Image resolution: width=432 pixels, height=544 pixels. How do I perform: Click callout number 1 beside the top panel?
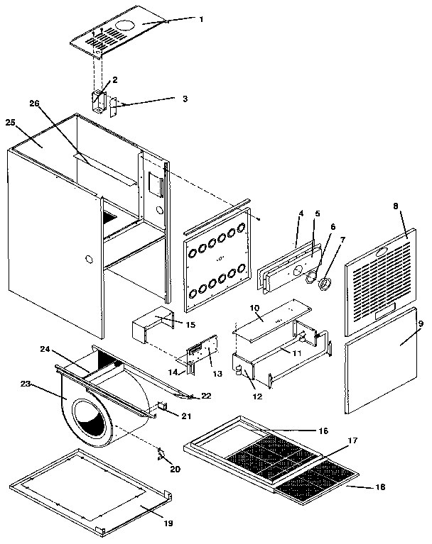click(201, 19)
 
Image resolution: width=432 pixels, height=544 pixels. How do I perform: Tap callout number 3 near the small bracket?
click(185, 99)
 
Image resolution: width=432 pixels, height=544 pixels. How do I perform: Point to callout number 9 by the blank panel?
click(420, 323)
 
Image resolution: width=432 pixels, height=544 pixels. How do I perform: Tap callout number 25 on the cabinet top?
click(11, 123)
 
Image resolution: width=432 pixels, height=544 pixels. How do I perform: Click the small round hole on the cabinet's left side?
click(89, 259)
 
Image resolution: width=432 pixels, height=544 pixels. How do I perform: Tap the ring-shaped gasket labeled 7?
click(325, 284)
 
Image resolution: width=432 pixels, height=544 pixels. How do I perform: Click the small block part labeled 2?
click(97, 99)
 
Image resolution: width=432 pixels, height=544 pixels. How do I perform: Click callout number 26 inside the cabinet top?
click(34, 104)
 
